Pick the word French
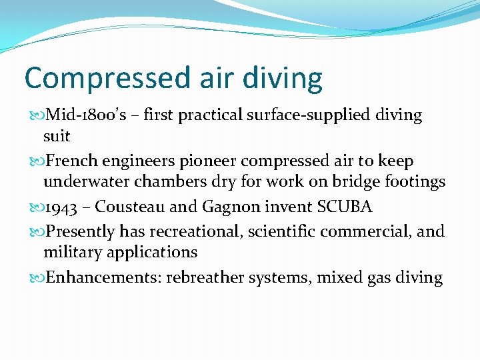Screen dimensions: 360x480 coord(70,161)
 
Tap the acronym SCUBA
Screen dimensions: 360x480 coord(344,207)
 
